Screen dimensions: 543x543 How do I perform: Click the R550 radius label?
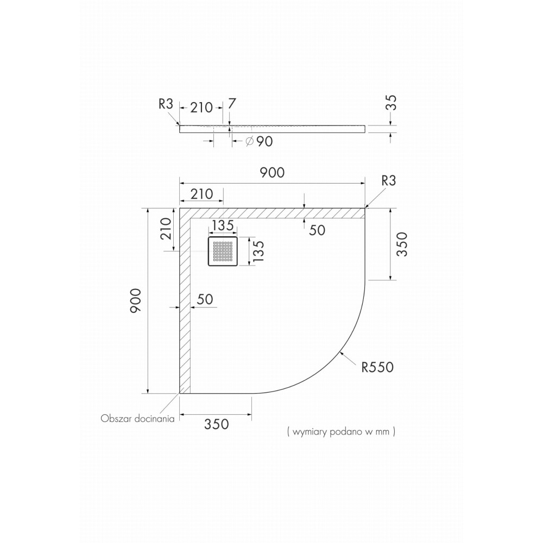377,367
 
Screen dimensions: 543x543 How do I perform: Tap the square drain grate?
223,251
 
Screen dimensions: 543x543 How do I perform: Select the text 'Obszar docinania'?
137,419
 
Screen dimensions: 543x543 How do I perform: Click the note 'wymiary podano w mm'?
341,432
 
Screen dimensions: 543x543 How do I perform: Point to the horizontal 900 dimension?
273,173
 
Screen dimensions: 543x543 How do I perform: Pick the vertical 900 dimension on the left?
135,301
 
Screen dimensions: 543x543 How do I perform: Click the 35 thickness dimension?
391,103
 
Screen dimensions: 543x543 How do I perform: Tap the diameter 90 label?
259,141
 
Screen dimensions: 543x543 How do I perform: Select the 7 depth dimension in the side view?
232,104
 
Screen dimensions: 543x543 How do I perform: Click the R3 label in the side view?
166,104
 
